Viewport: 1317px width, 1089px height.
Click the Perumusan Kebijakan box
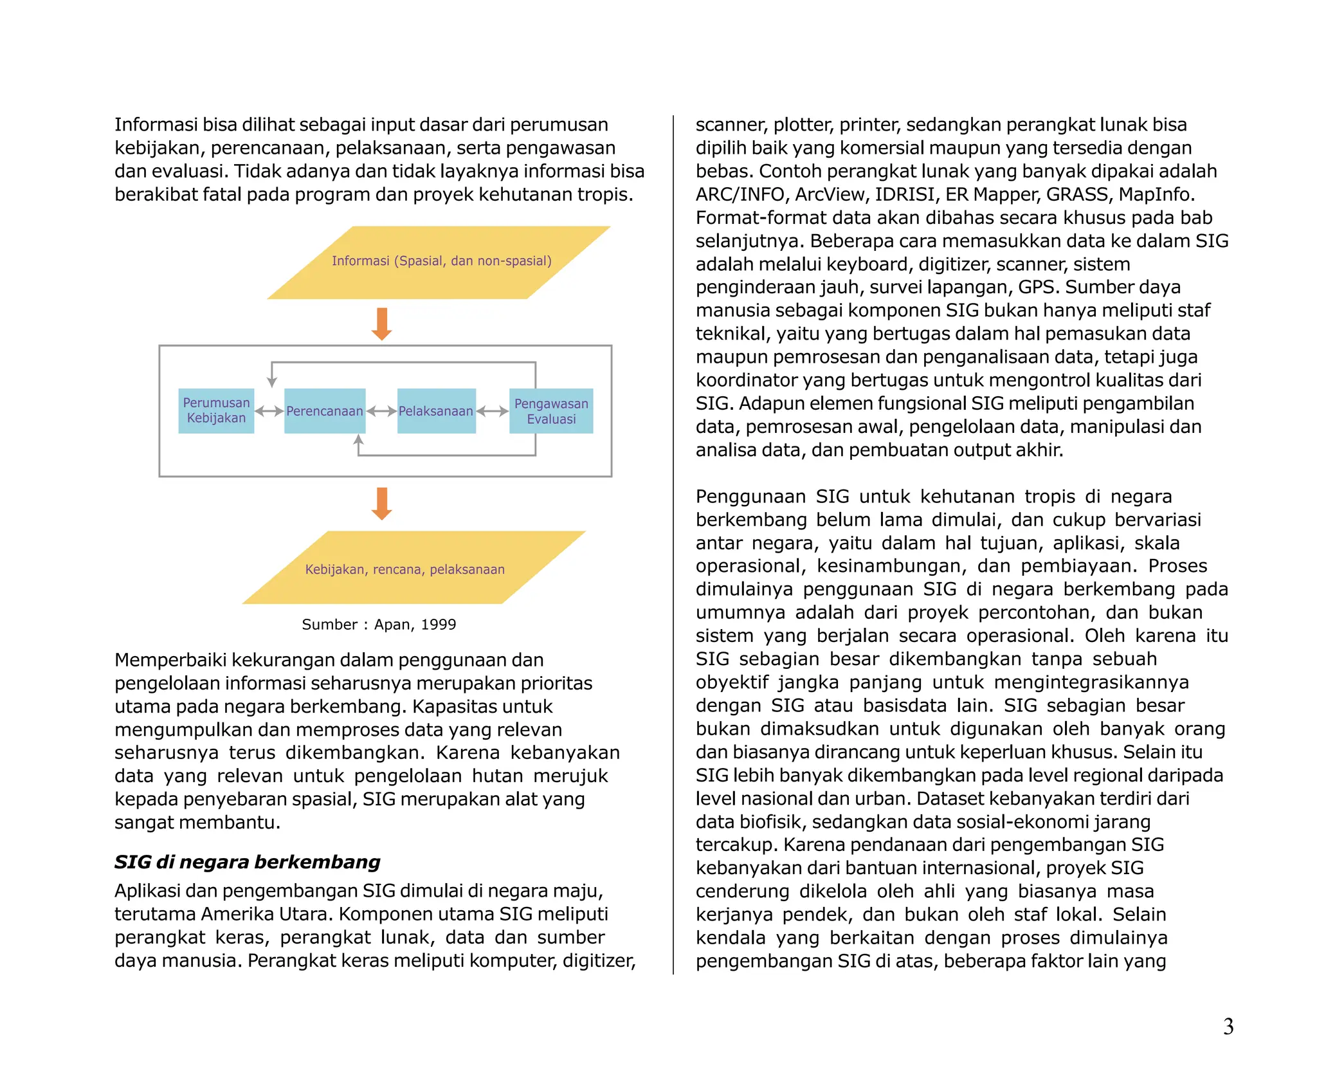(x=216, y=410)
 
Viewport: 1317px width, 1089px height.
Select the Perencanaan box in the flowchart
(x=325, y=410)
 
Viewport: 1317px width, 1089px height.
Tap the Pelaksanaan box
(x=436, y=410)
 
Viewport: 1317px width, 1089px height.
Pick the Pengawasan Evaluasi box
(x=551, y=410)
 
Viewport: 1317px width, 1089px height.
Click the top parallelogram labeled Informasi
(x=440, y=262)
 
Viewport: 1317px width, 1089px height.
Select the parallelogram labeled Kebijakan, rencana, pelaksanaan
(x=412, y=568)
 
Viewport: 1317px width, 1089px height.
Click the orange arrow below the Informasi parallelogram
(x=382, y=324)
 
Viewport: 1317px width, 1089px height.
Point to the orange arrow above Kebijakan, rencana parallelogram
(x=382, y=503)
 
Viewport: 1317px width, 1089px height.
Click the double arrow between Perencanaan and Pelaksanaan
(x=381, y=411)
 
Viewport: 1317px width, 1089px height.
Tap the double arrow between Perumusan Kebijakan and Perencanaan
(x=269, y=411)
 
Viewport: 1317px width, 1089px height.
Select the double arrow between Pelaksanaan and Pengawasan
(x=493, y=411)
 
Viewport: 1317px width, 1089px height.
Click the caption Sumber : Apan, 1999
(x=379, y=625)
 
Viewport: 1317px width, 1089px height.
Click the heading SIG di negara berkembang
(x=247, y=862)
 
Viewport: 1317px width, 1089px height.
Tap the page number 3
(x=1228, y=1027)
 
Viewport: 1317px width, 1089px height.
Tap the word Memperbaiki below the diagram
(x=170, y=660)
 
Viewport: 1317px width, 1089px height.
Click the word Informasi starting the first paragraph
(x=155, y=125)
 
